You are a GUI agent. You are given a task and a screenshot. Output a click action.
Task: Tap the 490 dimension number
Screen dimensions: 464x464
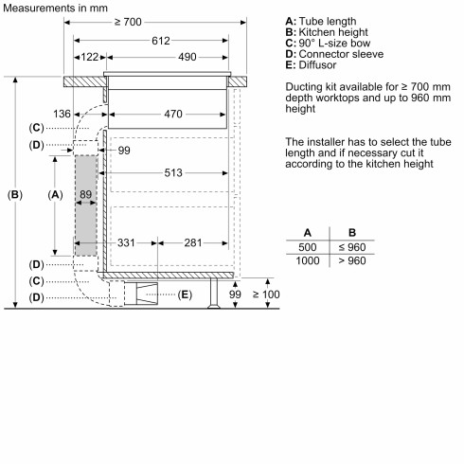pyautogui.click(x=187, y=58)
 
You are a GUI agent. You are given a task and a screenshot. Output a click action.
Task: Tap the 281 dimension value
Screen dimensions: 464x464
pyautogui.click(x=193, y=243)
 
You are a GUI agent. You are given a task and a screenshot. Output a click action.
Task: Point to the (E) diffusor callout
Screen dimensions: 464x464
pyautogui.click(x=185, y=294)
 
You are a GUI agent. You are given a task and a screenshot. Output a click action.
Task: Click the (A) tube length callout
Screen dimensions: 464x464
pyautogui.click(x=54, y=193)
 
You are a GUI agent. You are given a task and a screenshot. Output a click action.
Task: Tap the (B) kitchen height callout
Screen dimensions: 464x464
pyautogui.click(x=14, y=194)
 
